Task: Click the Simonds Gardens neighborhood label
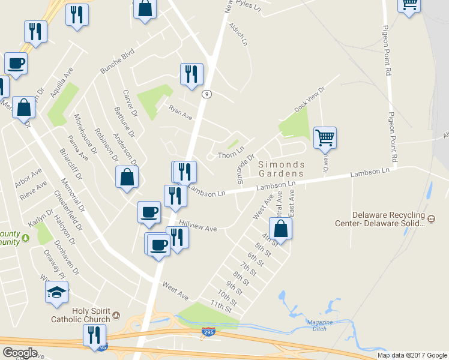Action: (x=282, y=169)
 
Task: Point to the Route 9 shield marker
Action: (x=206, y=94)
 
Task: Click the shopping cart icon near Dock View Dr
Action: (x=325, y=137)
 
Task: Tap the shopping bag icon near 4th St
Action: (x=280, y=229)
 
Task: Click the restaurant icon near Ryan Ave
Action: (x=191, y=74)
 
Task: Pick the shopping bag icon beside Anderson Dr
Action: (x=127, y=177)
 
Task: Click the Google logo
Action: (x=20, y=352)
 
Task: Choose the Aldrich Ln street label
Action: (x=238, y=34)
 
